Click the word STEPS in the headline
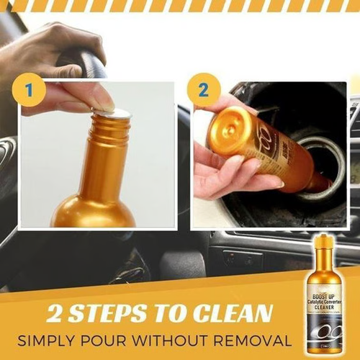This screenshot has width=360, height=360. pyautogui.click(x=125, y=315)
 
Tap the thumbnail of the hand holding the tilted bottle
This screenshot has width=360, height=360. pyautogui.click(x=234, y=167)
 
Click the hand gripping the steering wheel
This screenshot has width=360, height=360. pyautogui.click(x=50, y=54)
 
